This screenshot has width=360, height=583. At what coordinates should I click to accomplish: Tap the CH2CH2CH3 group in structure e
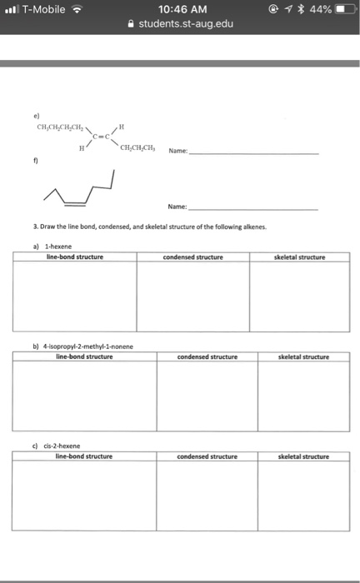[x=138, y=149]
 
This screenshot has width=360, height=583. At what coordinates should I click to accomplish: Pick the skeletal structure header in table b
[x=302, y=356]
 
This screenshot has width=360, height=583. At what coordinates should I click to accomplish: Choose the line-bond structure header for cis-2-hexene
[x=83, y=456]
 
